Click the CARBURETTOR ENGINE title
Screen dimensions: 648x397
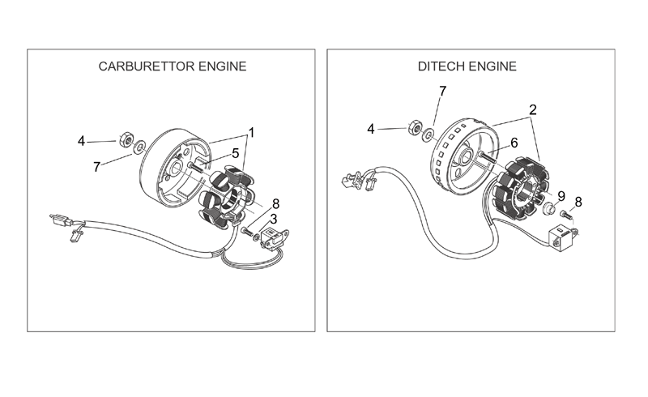(x=173, y=66)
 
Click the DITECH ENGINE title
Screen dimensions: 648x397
(x=467, y=66)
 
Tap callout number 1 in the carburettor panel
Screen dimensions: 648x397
(x=251, y=133)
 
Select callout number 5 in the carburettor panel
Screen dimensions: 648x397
(x=235, y=153)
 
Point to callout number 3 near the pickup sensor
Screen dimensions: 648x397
(x=273, y=219)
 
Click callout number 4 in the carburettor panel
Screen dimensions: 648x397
(x=82, y=142)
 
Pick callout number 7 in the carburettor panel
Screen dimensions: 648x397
(x=96, y=167)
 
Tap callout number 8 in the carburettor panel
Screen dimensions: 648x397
(x=275, y=204)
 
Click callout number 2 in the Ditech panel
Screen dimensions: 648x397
(x=533, y=109)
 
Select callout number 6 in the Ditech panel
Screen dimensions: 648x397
(x=514, y=143)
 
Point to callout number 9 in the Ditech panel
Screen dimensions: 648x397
(x=561, y=195)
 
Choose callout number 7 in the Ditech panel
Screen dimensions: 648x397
(x=442, y=91)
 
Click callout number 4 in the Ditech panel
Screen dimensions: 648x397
(x=371, y=130)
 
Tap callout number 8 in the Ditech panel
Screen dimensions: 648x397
(x=578, y=202)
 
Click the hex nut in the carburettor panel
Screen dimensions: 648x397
(x=126, y=139)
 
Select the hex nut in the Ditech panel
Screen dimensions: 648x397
(x=415, y=127)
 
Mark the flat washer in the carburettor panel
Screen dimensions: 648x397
(x=139, y=147)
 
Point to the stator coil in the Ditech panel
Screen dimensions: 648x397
(x=521, y=188)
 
